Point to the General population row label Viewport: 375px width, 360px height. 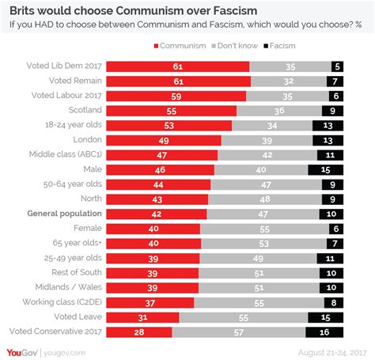(x=64, y=214)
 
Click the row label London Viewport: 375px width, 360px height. (x=85, y=139)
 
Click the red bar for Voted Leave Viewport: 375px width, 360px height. (x=142, y=317)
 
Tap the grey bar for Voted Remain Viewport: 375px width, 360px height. (x=288, y=80)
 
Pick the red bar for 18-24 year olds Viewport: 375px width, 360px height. (x=169, y=124)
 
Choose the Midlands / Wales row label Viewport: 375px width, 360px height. (x=69, y=288)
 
